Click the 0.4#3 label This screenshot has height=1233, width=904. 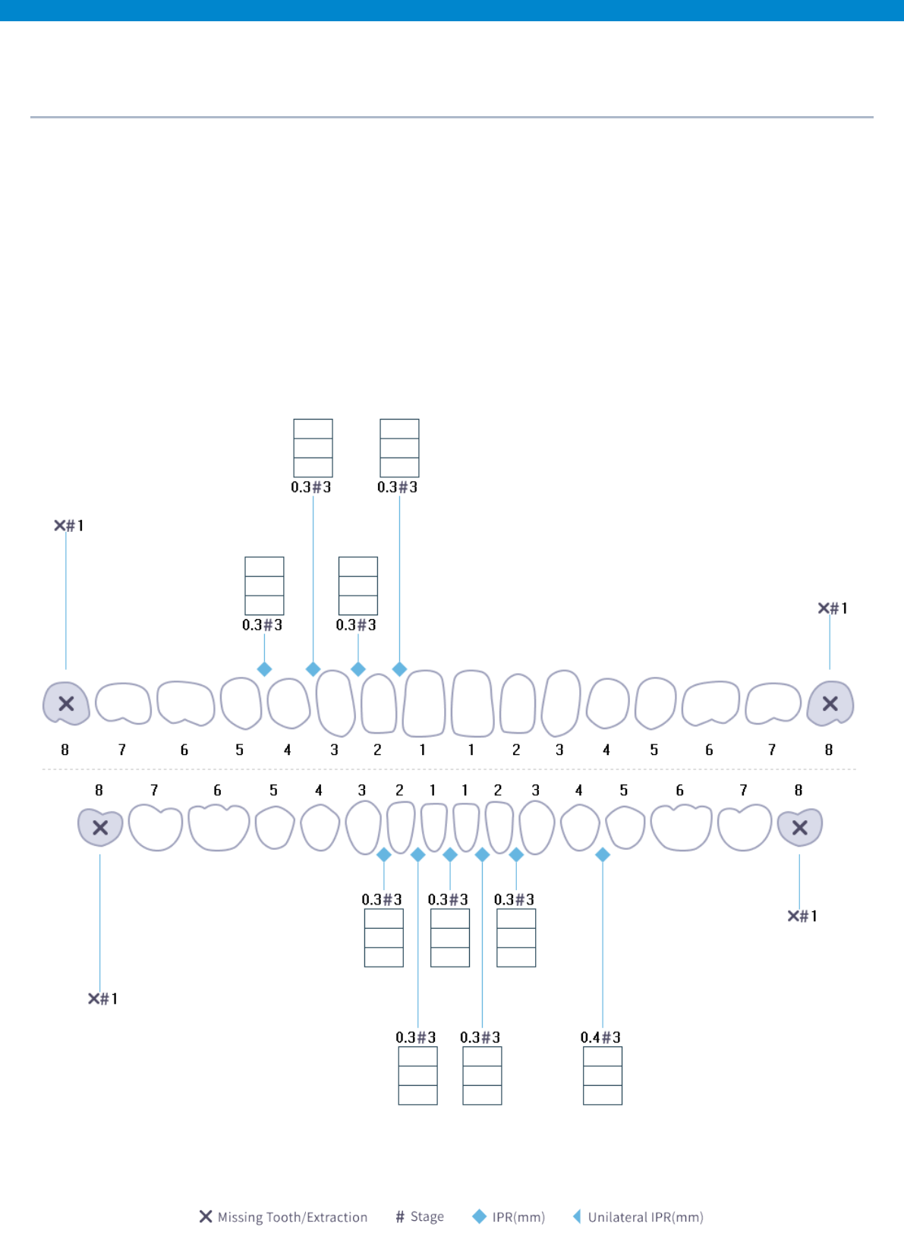click(600, 1037)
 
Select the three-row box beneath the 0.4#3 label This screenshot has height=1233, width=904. click(603, 1076)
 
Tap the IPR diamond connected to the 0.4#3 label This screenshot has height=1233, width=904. click(603, 855)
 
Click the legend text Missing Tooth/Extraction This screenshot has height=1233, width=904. click(292, 1217)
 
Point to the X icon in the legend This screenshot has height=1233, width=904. click(206, 1216)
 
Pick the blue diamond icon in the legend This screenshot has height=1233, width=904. click(480, 1216)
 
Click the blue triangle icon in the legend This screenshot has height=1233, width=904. click(577, 1216)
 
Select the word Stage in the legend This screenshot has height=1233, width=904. click(427, 1216)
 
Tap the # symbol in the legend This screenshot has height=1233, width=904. click(400, 1217)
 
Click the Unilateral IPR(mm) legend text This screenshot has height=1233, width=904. click(645, 1217)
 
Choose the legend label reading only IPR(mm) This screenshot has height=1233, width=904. click(518, 1217)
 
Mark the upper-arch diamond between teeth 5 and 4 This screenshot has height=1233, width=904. click(264, 669)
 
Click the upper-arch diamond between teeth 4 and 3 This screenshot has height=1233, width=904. click(313, 669)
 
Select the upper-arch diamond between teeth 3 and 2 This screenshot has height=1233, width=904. click(358, 669)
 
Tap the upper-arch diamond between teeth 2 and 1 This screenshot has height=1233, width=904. click(400, 669)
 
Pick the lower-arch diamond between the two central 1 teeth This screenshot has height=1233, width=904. click(450, 855)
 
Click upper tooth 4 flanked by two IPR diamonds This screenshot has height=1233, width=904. click(288, 703)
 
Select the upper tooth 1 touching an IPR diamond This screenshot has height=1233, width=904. click(424, 703)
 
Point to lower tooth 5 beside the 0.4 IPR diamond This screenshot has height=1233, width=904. click(625, 827)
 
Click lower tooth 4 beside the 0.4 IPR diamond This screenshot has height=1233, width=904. click(581, 827)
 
